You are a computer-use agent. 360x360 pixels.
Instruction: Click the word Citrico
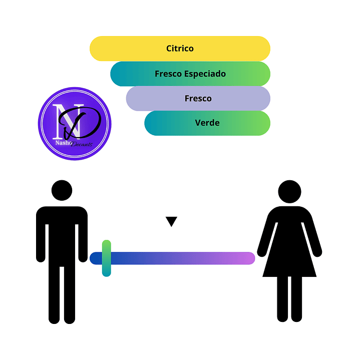(180, 49)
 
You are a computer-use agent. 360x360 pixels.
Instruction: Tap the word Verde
(207, 123)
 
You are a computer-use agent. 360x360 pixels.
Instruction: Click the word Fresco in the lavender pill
(198, 98)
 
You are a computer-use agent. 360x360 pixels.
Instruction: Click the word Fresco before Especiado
(168, 74)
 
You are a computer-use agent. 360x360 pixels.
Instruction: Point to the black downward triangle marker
(172, 221)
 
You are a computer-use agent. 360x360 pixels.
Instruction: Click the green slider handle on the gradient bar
(106, 258)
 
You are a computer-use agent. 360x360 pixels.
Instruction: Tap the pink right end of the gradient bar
(248, 258)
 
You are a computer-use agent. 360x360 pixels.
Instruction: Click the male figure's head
(62, 191)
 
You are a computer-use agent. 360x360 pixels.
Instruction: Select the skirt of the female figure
(289, 258)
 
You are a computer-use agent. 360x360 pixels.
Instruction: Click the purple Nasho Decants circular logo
(75, 124)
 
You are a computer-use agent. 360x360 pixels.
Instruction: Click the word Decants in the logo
(82, 144)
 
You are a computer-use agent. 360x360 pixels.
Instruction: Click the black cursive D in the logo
(83, 123)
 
